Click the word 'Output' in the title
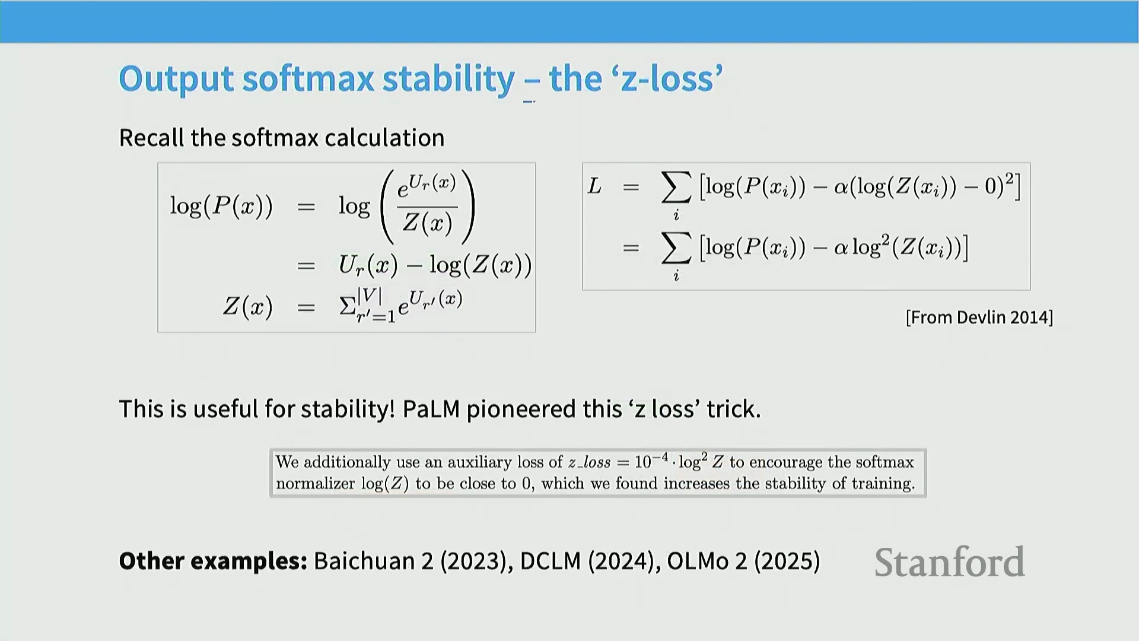click(x=176, y=80)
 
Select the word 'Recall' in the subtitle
click(x=152, y=138)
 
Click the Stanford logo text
click(x=949, y=562)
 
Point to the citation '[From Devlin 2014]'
click(x=979, y=318)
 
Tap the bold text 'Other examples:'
click(x=213, y=561)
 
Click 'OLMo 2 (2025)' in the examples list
click(x=743, y=561)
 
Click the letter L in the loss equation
click(x=594, y=186)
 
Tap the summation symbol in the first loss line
click(x=676, y=187)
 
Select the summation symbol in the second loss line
click(x=676, y=247)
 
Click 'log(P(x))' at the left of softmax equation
click(x=221, y=206)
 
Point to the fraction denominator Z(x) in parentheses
click(x=427, y=223)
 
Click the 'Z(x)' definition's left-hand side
click(x=247, y=307)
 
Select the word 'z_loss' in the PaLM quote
click(x=589, y=462)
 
